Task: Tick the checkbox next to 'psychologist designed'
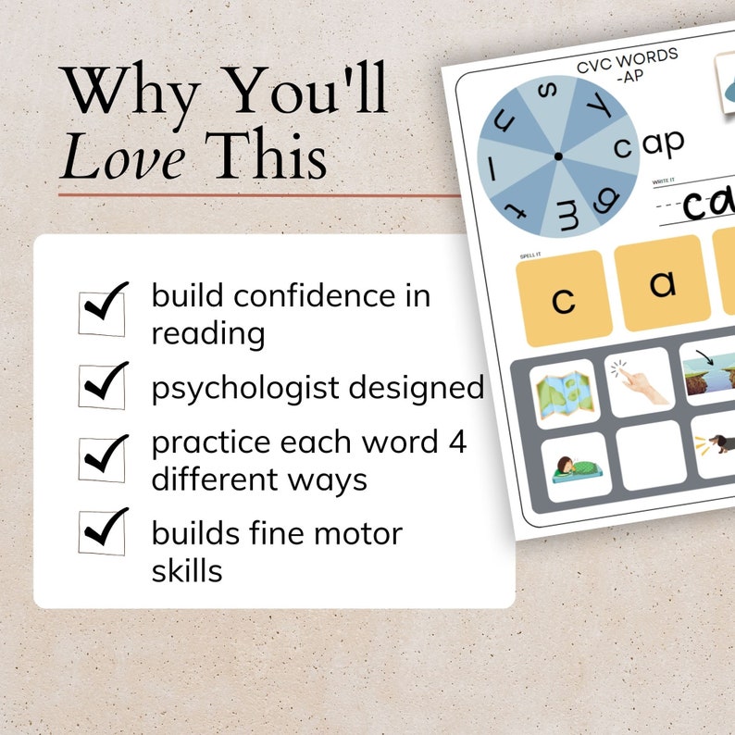coord(103,385)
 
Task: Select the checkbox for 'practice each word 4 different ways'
coord(103,457)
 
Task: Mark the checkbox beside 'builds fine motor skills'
coord(103,531)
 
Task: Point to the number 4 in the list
coord(455,442)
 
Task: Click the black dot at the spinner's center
coord(558,156)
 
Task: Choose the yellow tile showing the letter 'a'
coord(662,282)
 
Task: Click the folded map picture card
coord(563,393)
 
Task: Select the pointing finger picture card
coord(638,381)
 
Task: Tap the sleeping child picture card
coord(576,467)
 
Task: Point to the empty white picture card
coord(652,454)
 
